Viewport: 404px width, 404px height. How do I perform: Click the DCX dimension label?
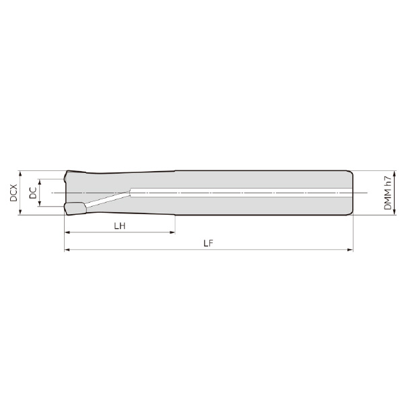(x=13, y=193)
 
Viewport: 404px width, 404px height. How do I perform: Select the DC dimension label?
(x=33, y=193)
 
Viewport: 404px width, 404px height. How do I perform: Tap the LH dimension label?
(x=120, y=226)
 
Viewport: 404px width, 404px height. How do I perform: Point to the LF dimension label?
(x=209, y=243)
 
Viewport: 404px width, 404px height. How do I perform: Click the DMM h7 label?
(x=388, y=193)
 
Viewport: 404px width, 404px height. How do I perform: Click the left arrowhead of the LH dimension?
(x=67, y=232)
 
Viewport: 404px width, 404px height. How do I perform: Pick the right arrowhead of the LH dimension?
(x=172, y=232)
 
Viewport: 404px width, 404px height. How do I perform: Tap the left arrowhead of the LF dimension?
(x=67, y=250)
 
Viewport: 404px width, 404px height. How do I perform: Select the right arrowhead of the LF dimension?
(x=350, y=250)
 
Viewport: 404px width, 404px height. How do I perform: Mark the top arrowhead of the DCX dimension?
(x=20, y=174)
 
